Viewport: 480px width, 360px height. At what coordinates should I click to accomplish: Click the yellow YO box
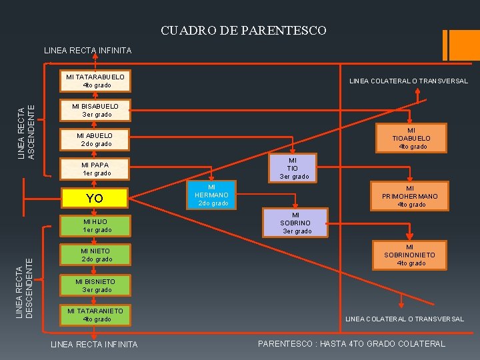[95, 198]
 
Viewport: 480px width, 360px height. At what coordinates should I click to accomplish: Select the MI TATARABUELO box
[95, 81]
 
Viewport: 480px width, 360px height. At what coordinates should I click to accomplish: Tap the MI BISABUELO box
[95, 110]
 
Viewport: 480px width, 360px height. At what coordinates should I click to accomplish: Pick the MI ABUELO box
[95, 139]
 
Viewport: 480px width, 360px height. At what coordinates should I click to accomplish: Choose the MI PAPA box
[95, 169]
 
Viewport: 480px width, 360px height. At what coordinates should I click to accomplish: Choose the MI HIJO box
[95, 225]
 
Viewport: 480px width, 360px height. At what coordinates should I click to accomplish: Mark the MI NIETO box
[95, 255]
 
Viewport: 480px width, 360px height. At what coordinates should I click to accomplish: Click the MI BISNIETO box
[95, 285]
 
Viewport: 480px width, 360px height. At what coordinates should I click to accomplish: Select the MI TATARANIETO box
[95, 315]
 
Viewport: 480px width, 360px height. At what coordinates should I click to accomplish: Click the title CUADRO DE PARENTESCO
[243, 31]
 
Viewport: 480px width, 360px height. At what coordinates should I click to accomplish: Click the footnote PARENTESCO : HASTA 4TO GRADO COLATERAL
[351, 344]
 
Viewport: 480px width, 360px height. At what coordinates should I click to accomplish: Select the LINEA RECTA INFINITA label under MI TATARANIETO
[95, 345]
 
